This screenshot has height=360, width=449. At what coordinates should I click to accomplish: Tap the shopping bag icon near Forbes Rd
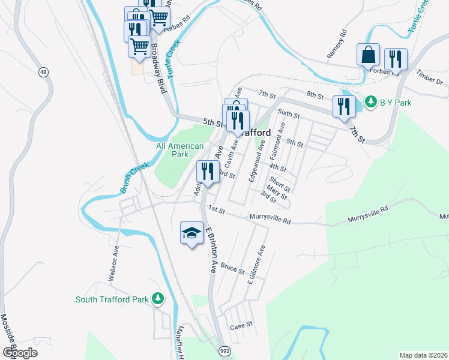tap(367, 55)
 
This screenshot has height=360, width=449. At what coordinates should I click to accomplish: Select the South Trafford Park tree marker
tap(157, 298)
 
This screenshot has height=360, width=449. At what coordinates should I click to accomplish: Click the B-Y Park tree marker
tap(372, 102)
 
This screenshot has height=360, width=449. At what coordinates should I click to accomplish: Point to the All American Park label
tap(180, 150)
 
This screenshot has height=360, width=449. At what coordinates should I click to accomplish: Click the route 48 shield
tap(43, 72)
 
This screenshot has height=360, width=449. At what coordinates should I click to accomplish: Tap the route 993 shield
tap(224, 350)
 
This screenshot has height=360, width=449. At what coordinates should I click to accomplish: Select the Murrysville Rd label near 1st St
tap(267, 220)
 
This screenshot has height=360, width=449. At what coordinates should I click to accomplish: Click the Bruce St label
tap(232, 268)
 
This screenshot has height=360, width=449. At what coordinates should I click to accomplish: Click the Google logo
tap(20, 353)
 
